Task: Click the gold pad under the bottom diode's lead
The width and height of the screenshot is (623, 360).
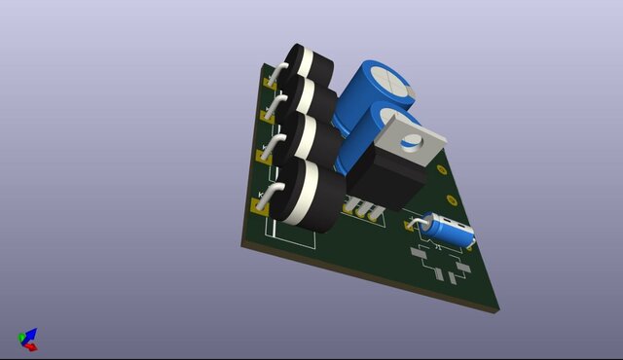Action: pyautogui.click(x=260, y=204)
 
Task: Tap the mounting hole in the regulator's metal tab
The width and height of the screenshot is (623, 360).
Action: pyautogui.click(x=412, y=140)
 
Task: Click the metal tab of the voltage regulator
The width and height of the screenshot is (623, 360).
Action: pyautogui.click(x=409, y=137)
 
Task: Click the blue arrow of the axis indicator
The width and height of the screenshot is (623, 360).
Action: pyautogui.click(x=23, y=335)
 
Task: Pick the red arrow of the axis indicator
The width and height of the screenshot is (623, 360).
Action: pyautogui.click(x=32, y=345)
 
